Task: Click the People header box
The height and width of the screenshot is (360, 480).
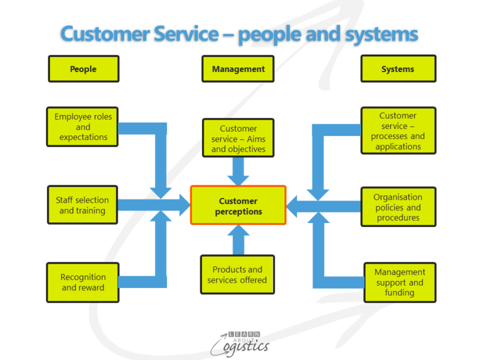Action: (83, 69)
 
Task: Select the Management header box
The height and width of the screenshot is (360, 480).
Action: (238, 69)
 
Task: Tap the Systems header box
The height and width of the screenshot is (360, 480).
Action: (398, 69)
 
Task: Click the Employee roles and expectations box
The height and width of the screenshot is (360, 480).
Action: (83, 127)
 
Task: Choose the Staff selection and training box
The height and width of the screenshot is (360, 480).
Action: (82, 205)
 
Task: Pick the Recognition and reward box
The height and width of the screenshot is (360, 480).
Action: (83, 282)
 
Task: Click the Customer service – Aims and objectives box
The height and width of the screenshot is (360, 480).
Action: (238, 139)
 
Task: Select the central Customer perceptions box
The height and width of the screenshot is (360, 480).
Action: (238, 206)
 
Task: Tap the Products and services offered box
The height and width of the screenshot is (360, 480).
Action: (237, 275)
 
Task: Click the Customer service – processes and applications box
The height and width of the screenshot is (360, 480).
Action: (398, 131)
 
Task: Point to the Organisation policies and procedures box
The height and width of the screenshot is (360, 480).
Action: (398, 207)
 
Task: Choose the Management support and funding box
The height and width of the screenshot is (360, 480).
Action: (399, 282)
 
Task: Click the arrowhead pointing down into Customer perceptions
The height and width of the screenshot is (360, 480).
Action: (238, 177)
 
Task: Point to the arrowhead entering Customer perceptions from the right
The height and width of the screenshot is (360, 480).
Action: (294, 206)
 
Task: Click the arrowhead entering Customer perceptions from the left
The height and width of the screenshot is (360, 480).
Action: (184, 205)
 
